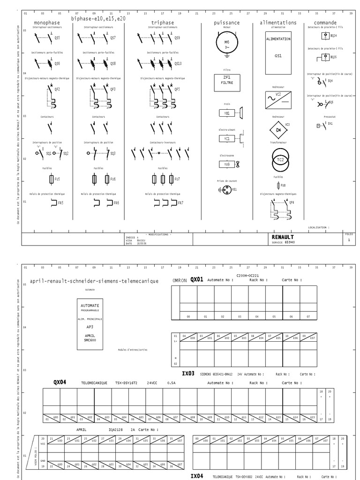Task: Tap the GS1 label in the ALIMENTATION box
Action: [278, 55]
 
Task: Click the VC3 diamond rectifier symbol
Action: [278, 129]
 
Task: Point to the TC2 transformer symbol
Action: [278, 160]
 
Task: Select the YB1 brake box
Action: [227, 113]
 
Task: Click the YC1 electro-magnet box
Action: [227, 139]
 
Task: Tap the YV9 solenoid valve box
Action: [227, 165]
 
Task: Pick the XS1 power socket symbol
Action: [226, 189]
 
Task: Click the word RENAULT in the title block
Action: [283, 237]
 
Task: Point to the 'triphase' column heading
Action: [163, 22]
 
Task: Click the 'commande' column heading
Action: [325, 22]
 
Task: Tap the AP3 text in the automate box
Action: [90, 327]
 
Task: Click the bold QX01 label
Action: [196, 279]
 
